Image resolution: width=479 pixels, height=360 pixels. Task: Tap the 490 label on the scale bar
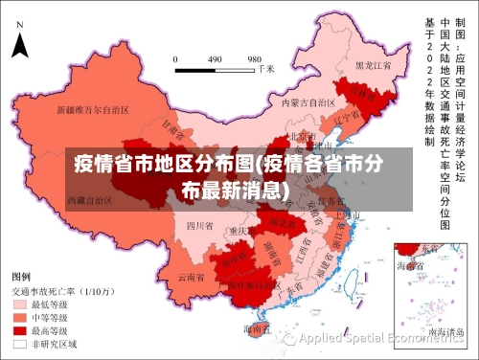coord(215,58)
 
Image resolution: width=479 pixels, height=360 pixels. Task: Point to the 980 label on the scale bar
coord(255,58)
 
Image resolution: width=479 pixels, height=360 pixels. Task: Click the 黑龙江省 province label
coord(374,65)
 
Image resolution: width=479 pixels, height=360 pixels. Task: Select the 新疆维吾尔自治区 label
coord(93,109)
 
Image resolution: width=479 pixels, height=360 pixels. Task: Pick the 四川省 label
coord(198,226)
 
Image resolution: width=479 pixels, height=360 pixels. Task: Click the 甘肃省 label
coord(171,125)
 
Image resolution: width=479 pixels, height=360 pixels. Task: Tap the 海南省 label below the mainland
coord(256,328)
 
